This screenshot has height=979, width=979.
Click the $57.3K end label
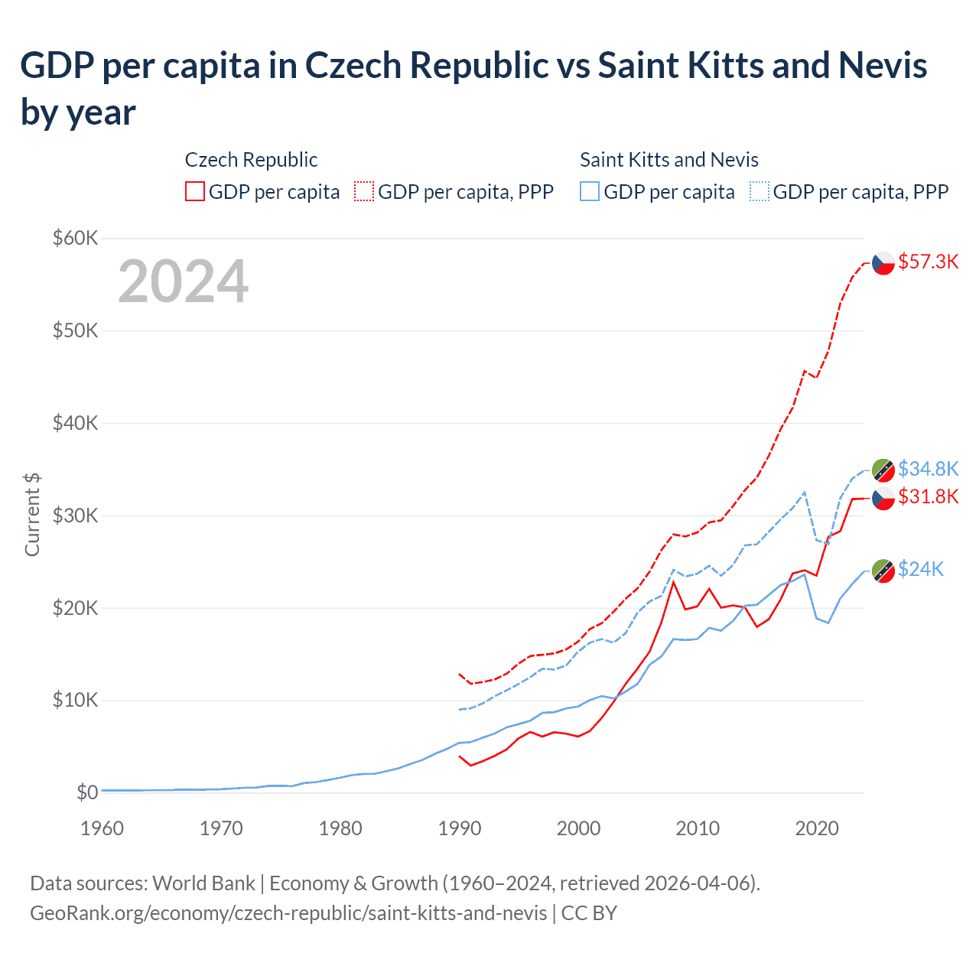(x=928, y=262)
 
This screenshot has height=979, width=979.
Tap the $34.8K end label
(x=928, y=468)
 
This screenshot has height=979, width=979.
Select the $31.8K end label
(x=928, y=496)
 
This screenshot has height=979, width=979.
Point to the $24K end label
(x=921, y=569)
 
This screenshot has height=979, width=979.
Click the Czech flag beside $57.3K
(x=883, y=262)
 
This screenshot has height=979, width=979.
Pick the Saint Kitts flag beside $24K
(x=883, y=570)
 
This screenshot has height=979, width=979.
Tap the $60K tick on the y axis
(x=75, y=238)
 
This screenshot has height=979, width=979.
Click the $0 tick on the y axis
(x=87, y=792)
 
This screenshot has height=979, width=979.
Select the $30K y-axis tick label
(x=75, y=516)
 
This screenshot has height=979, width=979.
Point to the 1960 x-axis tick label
(x=102, y=828)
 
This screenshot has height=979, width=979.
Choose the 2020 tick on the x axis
(x=817, y=828)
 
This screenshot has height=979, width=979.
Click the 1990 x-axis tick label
(x=460, y=828)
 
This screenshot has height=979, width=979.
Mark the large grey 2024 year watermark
(x=183, y=281)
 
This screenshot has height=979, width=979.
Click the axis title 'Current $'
(x=32, y=514)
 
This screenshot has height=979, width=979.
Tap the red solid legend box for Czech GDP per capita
(x=195, y=191)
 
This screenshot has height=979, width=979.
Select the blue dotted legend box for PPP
(x=759, y=191)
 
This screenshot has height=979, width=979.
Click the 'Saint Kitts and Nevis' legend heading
(x=669, y=160)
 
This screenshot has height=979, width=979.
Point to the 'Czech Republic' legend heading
(x=251, y=160)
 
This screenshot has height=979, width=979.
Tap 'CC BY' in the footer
(x=589, y=913)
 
